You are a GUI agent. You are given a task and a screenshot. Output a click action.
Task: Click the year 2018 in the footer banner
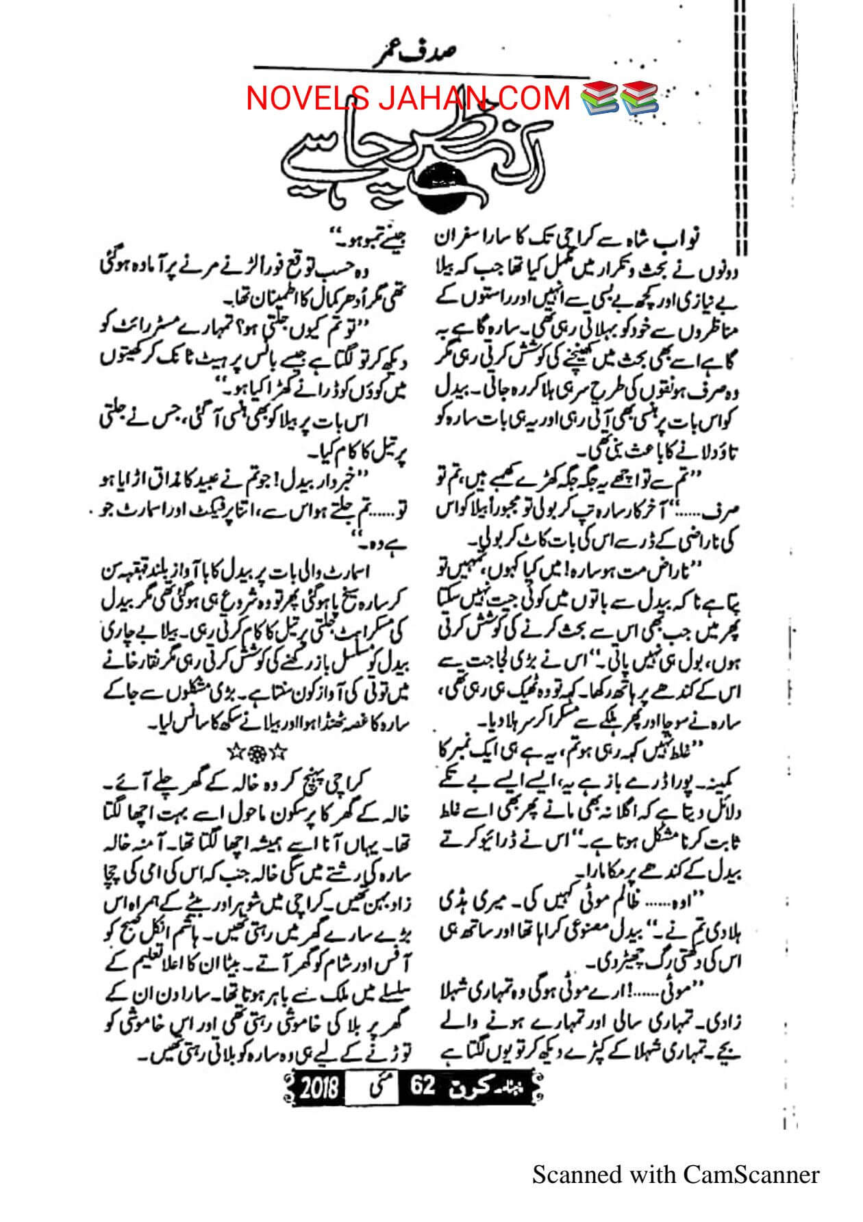click(319, 1086)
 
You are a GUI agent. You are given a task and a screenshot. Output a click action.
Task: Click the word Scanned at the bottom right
click(577, 1175)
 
